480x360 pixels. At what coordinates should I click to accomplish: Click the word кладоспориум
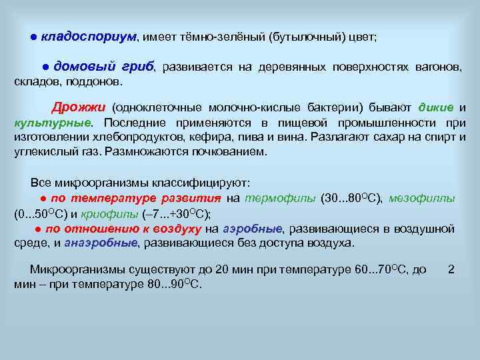[x=89, y=37]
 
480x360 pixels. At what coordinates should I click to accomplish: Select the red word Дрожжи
[x=79, y=107]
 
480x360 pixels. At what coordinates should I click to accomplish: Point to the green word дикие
[x=436, y=107]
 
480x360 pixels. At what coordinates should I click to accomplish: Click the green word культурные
[x=52, y=123]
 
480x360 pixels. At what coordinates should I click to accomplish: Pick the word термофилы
[x=281, y=198]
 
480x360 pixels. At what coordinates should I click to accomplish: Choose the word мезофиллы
[x=422, y=198]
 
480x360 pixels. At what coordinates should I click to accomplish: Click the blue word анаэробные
[x=101, y=243]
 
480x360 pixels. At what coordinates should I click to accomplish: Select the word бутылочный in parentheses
[x=306, y=37]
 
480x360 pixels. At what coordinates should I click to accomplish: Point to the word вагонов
[x=437, y=67]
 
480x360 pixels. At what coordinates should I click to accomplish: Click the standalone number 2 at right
[x=451, y=269]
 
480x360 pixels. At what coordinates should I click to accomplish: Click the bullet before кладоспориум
[x=33, y=37]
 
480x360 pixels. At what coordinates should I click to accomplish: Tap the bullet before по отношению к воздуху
[x=39, y=229]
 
